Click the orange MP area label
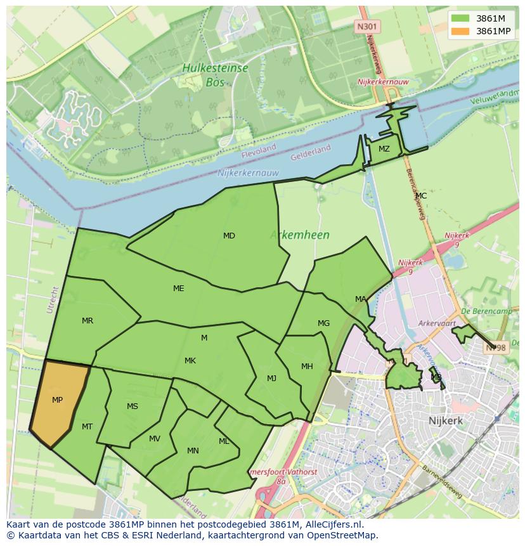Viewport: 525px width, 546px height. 57,400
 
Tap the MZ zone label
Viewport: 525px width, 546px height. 384,149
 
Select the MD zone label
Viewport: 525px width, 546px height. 229,236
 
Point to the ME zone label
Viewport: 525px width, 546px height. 179,289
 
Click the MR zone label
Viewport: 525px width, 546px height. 87,321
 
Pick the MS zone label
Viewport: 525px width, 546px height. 133,406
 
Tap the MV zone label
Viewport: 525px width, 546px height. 155,439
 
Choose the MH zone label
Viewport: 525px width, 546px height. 307,367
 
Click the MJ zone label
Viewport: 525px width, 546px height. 271,379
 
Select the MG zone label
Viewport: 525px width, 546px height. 323,323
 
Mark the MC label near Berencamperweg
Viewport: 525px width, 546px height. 421,196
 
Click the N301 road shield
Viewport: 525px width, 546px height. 365,26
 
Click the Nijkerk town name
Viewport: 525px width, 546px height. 445,420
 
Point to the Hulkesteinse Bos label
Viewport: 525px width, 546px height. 216,74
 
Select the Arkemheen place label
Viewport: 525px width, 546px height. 299,235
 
